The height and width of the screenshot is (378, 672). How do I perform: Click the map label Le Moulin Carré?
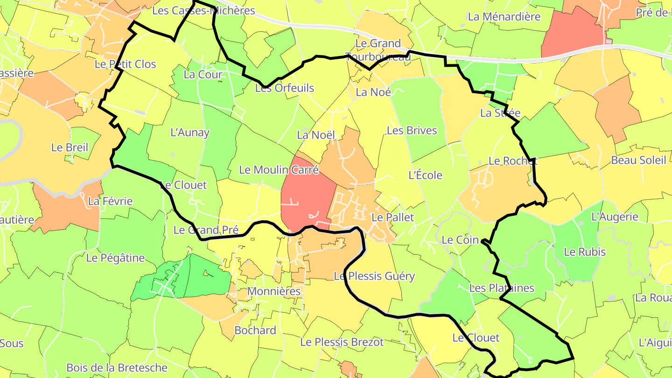(279, 170)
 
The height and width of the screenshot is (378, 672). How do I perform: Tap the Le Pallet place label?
(392, 217)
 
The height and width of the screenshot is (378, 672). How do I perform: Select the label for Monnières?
(273, 291)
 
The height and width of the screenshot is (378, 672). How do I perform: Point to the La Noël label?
(316, 135)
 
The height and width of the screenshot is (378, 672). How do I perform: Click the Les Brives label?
(412, 131)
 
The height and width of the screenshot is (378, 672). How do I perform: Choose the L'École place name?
(425, 175)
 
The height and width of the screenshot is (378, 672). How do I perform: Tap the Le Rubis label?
(585, 252)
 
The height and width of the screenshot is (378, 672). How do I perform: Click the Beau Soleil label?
(638, 161)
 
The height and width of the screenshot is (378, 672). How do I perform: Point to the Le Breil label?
(70, 147)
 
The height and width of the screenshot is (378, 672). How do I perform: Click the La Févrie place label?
(110, 202)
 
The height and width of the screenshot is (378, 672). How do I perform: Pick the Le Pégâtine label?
(116, 258)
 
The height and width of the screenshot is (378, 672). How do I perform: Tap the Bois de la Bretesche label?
(117, 368)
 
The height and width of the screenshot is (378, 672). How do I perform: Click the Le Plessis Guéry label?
(374, 276)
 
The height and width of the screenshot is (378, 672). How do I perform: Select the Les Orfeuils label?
(285, 88)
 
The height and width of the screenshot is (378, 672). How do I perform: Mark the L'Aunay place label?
(190, 133)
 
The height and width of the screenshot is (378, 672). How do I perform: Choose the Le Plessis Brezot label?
(342, 342)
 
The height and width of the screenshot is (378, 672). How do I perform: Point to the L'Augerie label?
(615, 217)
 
